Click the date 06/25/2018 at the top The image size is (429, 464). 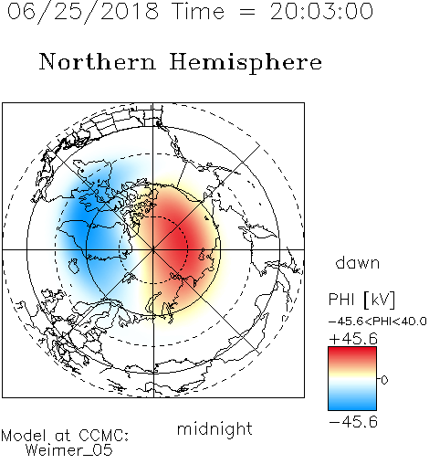click(x=83, y=12)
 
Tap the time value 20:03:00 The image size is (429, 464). click(x=321, y=11)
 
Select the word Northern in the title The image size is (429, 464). click(x=97, y=61)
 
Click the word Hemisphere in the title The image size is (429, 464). click(x=246, y=63)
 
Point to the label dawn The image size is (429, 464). click(x=358, y=263)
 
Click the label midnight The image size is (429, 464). click(x=214, y=429)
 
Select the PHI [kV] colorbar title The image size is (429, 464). click(x=361, y=300)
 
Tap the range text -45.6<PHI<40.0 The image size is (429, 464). click(x=377, y=322)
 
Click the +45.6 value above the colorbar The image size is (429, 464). click(x=353, y=339)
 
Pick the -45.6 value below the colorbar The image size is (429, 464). click(x=353, y=422)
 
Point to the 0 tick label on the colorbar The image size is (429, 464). click(x=384, y=380)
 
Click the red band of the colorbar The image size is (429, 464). click(x=352, y=354)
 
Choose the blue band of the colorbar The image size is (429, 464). click(x=352, y=402)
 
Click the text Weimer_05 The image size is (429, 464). click(x=69, y=450)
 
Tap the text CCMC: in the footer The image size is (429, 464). click(x=103, y=436)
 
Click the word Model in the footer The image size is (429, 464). click(x=24, y=436)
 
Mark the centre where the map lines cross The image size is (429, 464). click(x=153, y=249)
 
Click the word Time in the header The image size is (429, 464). click(x=198, y=11)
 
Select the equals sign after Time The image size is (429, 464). click(x=246, y=12)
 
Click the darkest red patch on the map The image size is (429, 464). click(x=180, y=240)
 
